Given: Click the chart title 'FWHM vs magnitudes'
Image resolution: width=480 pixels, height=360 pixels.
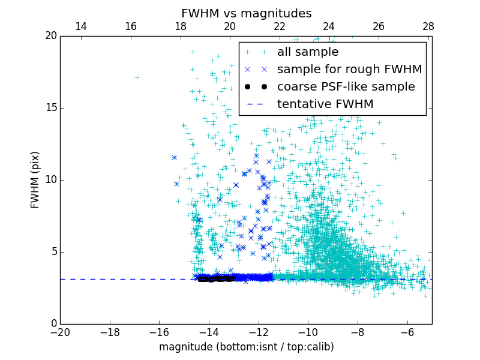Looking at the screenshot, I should point(246,13).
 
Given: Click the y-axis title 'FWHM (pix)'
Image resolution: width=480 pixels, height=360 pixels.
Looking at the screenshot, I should point(35,180).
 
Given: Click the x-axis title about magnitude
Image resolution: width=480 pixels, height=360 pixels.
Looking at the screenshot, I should point(246,347).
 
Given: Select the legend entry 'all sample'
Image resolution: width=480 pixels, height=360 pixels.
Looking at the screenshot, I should point(308,52).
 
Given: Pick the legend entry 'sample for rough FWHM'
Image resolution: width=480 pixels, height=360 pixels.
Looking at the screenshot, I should point(349,69).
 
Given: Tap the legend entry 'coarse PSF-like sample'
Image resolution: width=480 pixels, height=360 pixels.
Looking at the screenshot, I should point(346,86).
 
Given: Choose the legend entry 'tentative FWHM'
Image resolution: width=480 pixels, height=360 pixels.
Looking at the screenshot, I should point(325,104).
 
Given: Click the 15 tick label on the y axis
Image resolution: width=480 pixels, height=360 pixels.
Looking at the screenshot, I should point(50,108).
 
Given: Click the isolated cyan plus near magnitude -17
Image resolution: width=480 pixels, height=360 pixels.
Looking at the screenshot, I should point(137,77).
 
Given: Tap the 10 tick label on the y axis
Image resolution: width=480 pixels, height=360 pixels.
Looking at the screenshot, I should point(50,180).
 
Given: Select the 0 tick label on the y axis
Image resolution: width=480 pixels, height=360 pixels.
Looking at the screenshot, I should point(53,324).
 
